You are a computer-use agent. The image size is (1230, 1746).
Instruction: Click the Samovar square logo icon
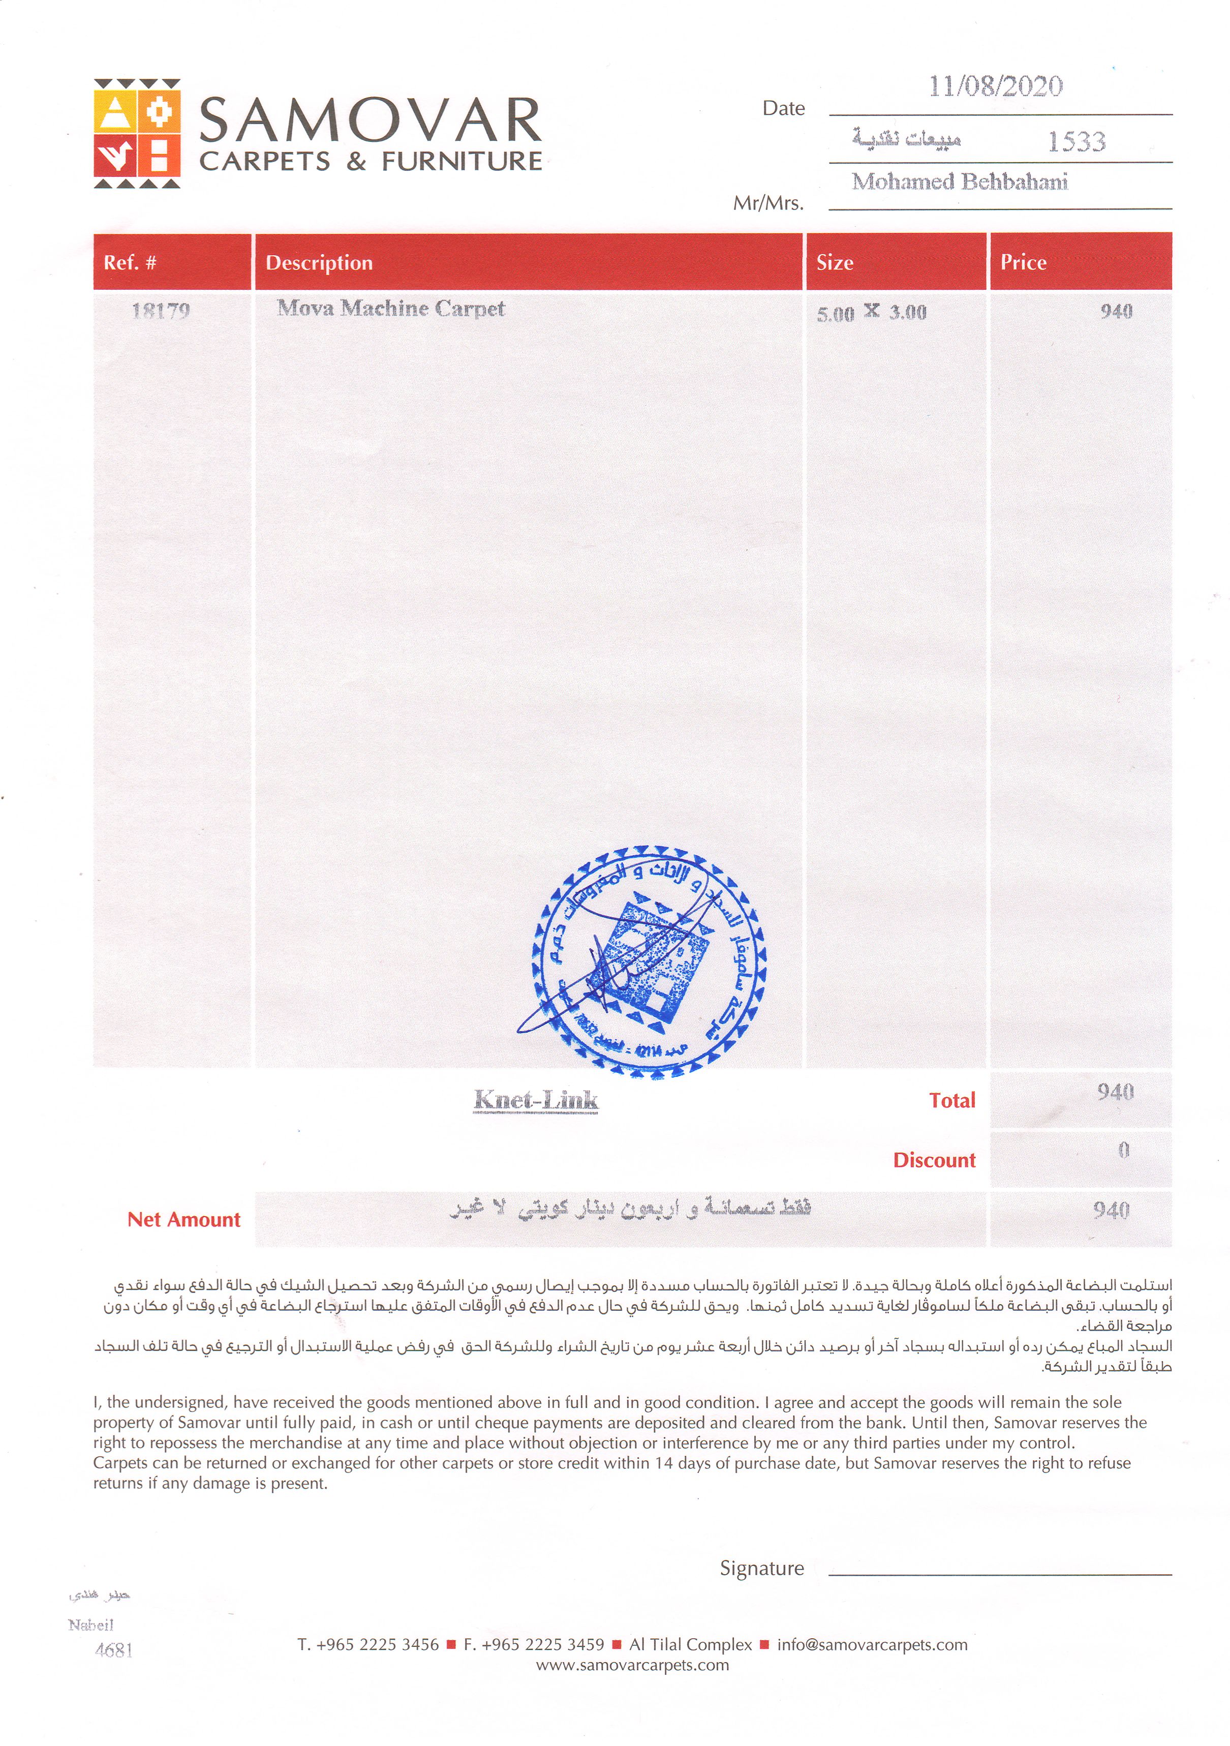pyautogui.click(x=137, y=133)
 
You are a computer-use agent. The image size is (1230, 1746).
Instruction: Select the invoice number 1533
pyautogui.click(x=1077, y=141)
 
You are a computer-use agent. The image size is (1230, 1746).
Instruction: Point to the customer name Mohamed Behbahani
pyautogui.click(x=960, y=182)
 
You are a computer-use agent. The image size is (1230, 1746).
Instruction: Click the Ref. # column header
pyautogui.click(x=130, y=262)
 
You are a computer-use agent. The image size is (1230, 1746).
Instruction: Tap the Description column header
pyautogui.click(x=319, y=262)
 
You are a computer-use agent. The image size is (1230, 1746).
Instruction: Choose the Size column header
pyautogui.click(x=835, y=262)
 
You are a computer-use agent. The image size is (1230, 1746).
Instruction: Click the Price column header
pyautogui.click(x=1023, y=262)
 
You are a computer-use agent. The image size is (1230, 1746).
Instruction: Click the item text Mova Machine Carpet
pyautogui.click(x=391, y=308)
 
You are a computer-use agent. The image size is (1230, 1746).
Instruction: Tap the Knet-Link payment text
pyautogui.click(x=536, y=1100)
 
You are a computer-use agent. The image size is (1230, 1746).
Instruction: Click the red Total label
pyautogui.click(x=952, y=1100)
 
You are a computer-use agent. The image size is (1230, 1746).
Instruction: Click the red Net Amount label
pyautogui.click(x=184, y=1220)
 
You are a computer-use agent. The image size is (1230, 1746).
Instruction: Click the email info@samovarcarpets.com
pyautogui.click(x=872, y=1645)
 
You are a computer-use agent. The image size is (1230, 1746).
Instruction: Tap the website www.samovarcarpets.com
pyautogui.click(x=632, y=1665)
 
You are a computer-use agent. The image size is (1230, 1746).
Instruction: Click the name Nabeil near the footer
pyautogui.click(x=90, y=1625)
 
